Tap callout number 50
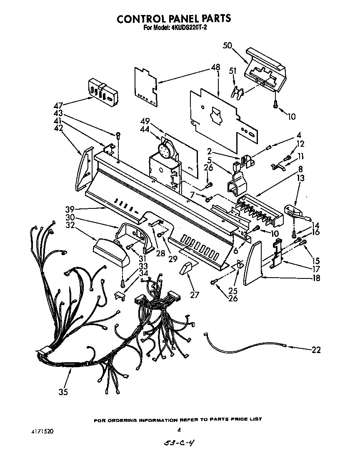point(227,46)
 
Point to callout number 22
point(316,350)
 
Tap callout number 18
point(316,278)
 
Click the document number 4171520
point(42,430)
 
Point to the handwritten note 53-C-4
point(178,444)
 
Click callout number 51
point(232,71)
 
